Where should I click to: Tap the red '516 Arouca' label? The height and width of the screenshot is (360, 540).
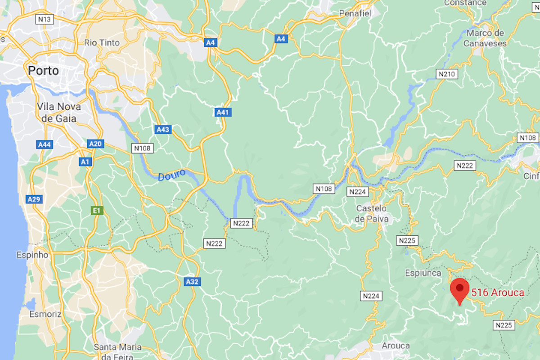[498, 293]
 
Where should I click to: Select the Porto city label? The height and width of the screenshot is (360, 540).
[43, 71]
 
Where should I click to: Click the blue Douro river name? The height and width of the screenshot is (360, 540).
[171, 175]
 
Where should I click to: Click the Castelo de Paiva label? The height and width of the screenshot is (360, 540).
[371, 214]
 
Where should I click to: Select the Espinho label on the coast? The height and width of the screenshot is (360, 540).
[32, 255]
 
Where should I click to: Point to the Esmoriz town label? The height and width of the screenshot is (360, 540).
[45, 314]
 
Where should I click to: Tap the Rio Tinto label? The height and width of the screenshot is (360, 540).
[102, 43]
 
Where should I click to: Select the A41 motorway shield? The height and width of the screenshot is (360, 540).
[223, 112]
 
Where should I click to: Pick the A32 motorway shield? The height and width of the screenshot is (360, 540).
[193, 282]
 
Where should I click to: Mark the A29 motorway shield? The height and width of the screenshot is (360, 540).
[33, 198]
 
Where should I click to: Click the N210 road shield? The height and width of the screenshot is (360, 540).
[448, 73]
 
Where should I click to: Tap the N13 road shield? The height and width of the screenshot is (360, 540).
[45, 19]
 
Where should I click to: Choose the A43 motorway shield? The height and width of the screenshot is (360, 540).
[163, 130]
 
